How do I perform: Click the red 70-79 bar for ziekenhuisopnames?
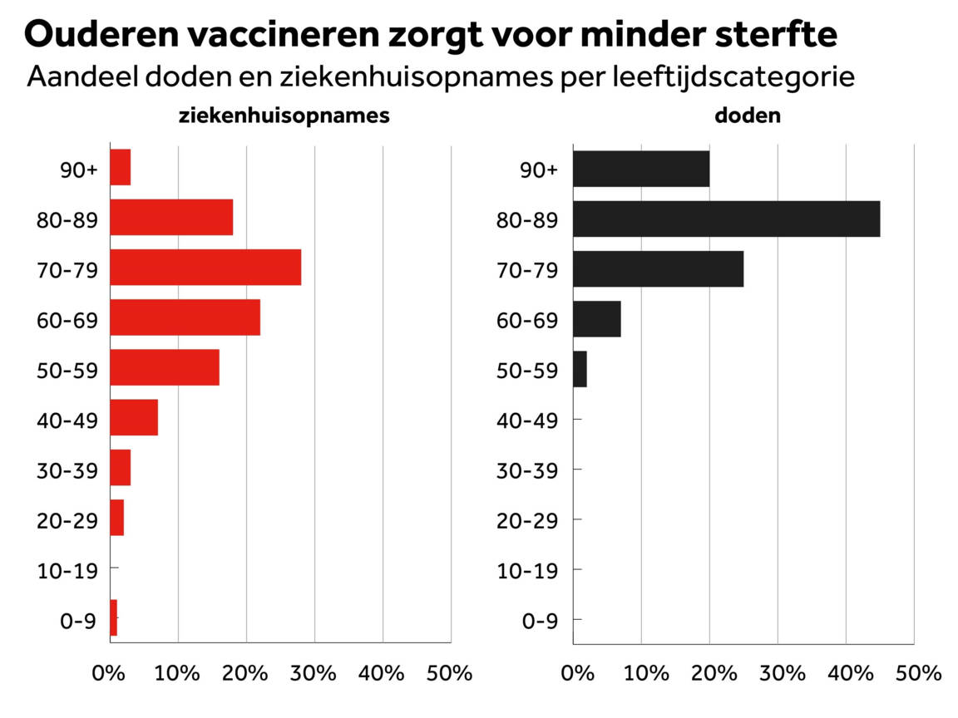(205, 268)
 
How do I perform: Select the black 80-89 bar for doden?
(726, 219)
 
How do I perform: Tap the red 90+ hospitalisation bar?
(121, 168)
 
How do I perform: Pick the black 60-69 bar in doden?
(597, 319)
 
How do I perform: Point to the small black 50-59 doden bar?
(580, 369)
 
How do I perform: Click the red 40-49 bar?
(134, 417)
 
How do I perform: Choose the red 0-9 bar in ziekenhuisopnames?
(114, 617)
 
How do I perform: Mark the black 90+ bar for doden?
(641, 169)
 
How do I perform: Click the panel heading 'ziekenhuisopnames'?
(284, 116)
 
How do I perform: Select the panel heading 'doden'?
(748, 116)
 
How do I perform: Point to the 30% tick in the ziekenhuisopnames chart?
(314, 671)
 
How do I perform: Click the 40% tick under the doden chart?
(846, 671)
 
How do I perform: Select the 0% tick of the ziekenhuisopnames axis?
(110, 671)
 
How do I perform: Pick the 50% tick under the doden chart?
(914, 671)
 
